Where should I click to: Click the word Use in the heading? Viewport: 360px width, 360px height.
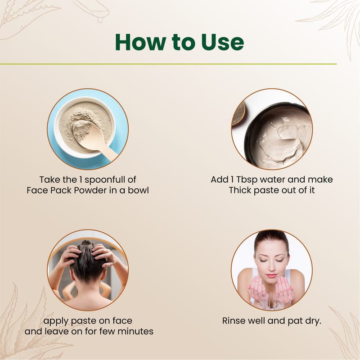point(222,42)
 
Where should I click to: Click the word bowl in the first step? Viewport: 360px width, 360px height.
point(139,190)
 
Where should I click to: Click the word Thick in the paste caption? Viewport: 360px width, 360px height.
point(240,190)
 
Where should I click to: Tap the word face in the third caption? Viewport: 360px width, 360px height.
point(122,320)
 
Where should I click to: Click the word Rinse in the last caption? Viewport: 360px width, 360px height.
point(233,321)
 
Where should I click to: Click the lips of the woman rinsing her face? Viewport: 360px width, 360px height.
point(271,275)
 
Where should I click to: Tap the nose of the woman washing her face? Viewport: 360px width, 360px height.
point(272,266)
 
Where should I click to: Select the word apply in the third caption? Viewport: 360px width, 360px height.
point(55,321)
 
